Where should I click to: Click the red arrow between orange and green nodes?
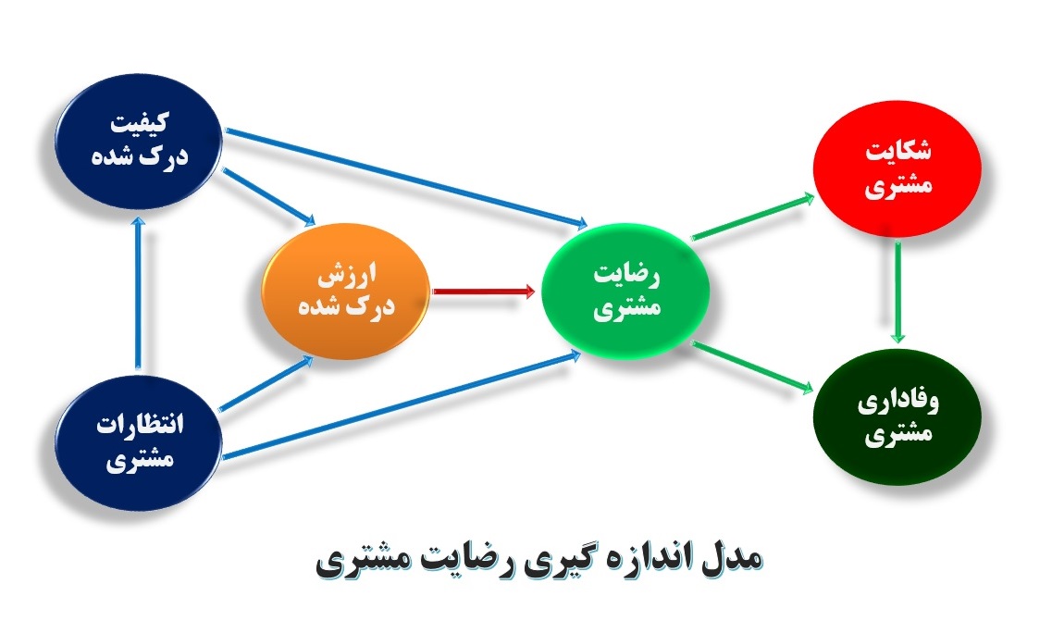(x=484, y=292)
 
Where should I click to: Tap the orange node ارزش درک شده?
(x=345, y=291)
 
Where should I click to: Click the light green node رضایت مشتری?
(x=625, y=292)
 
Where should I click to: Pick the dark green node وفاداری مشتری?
(x=897, y=416)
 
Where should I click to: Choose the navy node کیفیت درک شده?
(x=138, y=141)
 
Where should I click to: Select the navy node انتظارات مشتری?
(x=138, y=443)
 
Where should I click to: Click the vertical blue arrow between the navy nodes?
(x=138, y=292)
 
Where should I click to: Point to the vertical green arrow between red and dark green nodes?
(x=897, y=292)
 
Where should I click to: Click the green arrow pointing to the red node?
(x=753, y=217)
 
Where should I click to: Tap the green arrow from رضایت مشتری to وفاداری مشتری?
(x=752, y=366)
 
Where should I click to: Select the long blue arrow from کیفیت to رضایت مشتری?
(x=406, y=178)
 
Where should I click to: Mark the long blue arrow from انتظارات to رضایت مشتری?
(x=402, y=405)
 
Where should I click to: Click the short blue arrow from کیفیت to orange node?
(x=269, y=197)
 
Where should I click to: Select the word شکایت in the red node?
(x=897, y=150)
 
